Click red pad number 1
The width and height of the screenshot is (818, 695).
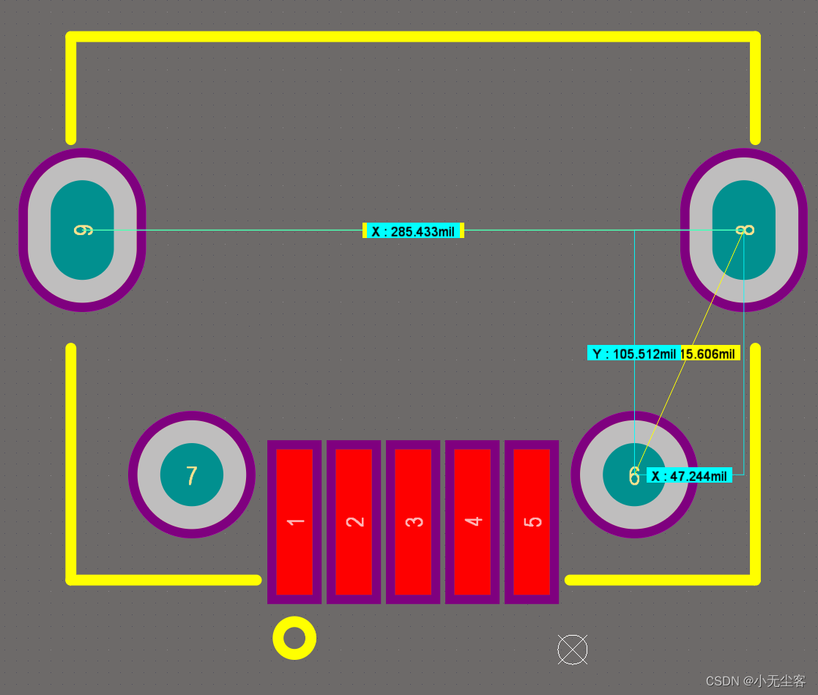[x=294, y=521]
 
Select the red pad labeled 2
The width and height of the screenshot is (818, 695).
[x=354, y=521]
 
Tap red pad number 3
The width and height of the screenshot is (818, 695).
[x=413, y=521]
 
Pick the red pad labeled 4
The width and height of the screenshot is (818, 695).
[x=472, y=521]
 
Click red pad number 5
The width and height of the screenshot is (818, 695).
[x=532, y=521]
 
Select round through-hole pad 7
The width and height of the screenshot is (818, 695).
[x=192, y=475]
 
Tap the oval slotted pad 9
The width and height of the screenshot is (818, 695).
[x=82, y=230]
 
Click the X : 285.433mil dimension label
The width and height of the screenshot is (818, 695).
[x=413, y=231]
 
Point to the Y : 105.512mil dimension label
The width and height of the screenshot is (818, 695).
[x=634, y=354]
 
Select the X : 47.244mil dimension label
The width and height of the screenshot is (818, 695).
[x=689, y=476]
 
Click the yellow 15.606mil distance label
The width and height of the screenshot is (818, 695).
[x=710, y=354]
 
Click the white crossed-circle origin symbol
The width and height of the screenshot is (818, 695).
[x=572, y=650]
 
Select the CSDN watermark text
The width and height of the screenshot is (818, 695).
[x=755, y=681]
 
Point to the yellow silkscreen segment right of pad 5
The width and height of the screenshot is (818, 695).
[x=659, y=580]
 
